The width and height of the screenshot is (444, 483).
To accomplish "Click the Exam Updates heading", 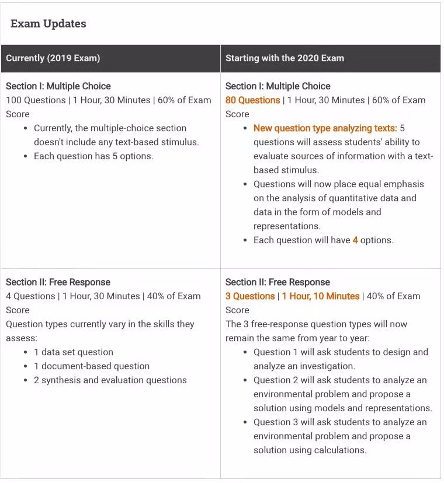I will coord(48,24).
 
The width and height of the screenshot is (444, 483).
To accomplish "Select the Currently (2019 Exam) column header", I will coord(53,58).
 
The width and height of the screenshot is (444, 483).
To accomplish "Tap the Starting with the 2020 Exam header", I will coord(285,58).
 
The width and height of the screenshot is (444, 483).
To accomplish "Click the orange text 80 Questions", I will coord(252,100).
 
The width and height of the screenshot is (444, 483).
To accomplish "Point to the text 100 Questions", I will coord(36,100).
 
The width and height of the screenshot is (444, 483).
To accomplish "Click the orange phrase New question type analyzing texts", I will coord(325,128).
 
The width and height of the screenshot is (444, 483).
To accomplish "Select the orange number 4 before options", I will coord(355,240).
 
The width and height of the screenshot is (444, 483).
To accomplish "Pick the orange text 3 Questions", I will coord(250,296).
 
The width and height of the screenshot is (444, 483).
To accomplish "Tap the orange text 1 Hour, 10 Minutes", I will coord(321,296).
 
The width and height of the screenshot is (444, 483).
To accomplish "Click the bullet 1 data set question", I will coord(74,352).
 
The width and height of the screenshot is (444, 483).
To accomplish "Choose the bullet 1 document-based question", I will coord(92,366).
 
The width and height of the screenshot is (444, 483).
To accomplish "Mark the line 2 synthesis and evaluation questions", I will coord(110,380).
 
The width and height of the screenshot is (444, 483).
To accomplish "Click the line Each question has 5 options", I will coord(93,156).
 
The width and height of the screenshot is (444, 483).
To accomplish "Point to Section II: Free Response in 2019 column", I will coord(58,282).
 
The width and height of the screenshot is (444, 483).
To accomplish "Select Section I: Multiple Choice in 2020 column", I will coord(277,86).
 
